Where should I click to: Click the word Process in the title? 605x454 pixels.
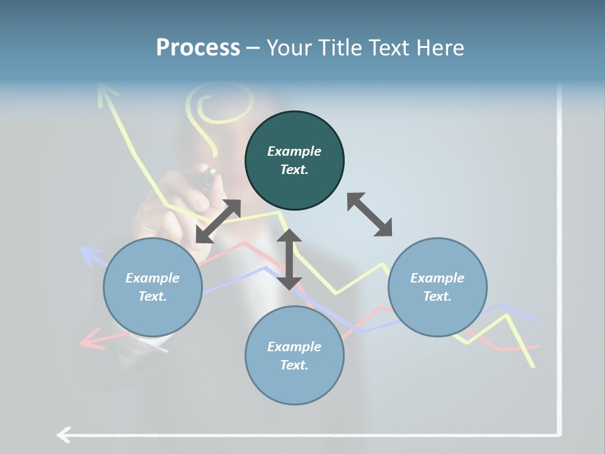(198, 48)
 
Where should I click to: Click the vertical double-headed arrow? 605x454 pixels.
(289, 259)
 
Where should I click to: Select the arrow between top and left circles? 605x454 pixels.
(218, 221)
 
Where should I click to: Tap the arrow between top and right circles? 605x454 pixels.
(369, 214)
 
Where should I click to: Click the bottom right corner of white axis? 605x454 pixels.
(560, 434)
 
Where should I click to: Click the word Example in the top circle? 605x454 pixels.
(294, 151)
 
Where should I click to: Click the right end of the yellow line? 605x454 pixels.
(534, 366)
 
